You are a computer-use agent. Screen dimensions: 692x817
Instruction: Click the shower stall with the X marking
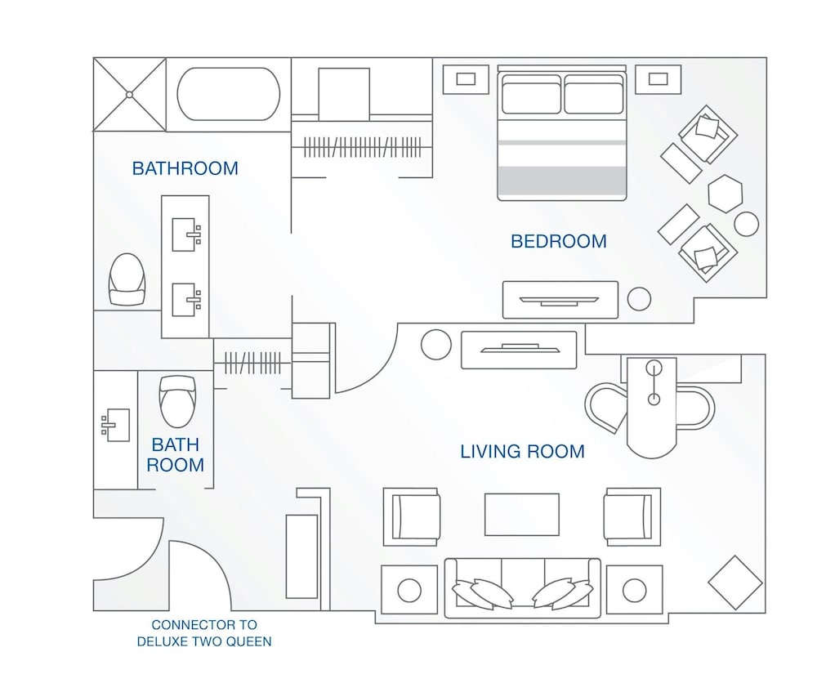pyautogui.click(x=129, y=94)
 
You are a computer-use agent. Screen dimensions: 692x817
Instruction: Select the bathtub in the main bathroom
pyautogui.click(x=229, y=94)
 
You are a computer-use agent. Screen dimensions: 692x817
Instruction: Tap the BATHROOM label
pyautogui.click(x=185, y=169)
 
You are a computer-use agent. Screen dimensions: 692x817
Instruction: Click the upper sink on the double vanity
pyautogui.click(x=185, y=234)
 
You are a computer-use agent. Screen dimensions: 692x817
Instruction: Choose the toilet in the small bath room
pyautogui.click(x=178, y=400)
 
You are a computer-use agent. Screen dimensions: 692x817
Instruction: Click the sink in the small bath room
pyautogui.click(x=114, y=426)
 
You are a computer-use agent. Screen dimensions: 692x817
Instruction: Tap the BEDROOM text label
pyautogui.click(x=559, y=242)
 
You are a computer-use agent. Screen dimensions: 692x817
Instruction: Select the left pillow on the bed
pyautogui.click(x=531, y=94)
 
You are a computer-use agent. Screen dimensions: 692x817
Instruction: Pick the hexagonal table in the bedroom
pyautogui.click(x=725, y=194)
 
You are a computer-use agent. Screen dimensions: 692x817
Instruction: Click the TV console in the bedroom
pyautogui.click(x=560, y=300)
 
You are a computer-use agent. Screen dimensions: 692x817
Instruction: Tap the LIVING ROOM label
pyautogui.click(x=522, y=451)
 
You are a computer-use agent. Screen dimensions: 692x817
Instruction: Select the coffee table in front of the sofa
pyautogui.click(x=522, y=514)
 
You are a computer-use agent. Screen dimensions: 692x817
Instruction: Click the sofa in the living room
pyautogui.click(x=522, y=587)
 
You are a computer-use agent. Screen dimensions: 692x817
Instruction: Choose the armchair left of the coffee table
pyautogui.click(x=412, y=517)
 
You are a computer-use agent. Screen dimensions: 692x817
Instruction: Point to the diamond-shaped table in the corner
pyautogui.click(x=734, y=583)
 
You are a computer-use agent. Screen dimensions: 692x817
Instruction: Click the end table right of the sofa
pyautogui.click(x=633, y=589)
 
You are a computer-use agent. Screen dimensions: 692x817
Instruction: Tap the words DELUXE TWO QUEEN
pyautogui.click(x=204, y=641)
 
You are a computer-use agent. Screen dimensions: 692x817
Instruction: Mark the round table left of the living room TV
pyautogui.click(x=436, y=344)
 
